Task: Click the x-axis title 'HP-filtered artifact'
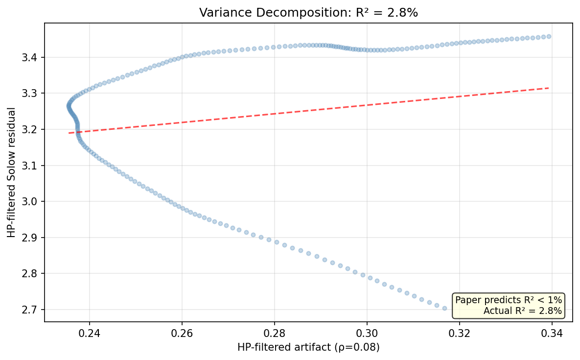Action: (308, 347)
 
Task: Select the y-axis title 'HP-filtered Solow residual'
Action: (11, 172)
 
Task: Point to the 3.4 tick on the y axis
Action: (35, 57)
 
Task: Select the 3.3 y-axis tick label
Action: (35, 93)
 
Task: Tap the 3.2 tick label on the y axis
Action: (35, 129)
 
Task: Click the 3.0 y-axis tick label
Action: (35, 201)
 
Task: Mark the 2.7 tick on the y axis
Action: (35, 310)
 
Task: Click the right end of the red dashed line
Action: (549, 88)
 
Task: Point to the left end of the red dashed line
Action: (69, 133)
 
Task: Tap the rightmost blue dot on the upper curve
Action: (549, 36)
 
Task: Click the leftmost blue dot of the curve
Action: (69, 106)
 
